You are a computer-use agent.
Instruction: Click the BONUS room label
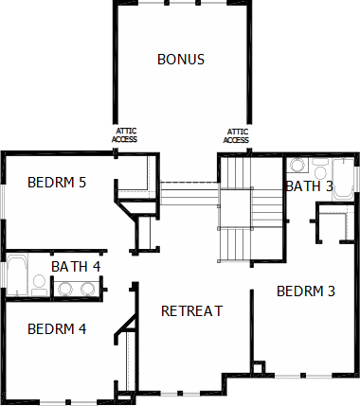[181, 60]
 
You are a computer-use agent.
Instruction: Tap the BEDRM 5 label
[57, 183]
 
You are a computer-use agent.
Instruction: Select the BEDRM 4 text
[57, 329]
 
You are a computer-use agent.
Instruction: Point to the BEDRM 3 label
[306, 291]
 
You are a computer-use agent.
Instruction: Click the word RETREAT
[192, 311]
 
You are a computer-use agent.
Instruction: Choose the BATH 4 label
[76, 267]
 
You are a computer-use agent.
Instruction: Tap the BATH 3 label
[310, 186]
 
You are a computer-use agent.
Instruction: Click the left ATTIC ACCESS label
[124, 135]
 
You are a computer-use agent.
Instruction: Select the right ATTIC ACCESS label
[236, 135]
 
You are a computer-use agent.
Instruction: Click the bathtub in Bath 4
[17, 275]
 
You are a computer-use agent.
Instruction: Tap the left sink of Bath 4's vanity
[65, 289]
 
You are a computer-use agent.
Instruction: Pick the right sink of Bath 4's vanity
[88, 289]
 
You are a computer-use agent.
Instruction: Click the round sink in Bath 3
[297, 165]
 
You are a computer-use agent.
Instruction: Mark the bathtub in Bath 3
[343, 178]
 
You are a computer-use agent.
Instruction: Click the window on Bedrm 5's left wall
[3, 202]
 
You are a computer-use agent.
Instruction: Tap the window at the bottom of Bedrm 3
[303, 376]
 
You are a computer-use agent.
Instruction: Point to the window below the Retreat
[180, 393]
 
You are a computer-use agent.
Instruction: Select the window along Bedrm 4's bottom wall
[68, 402]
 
